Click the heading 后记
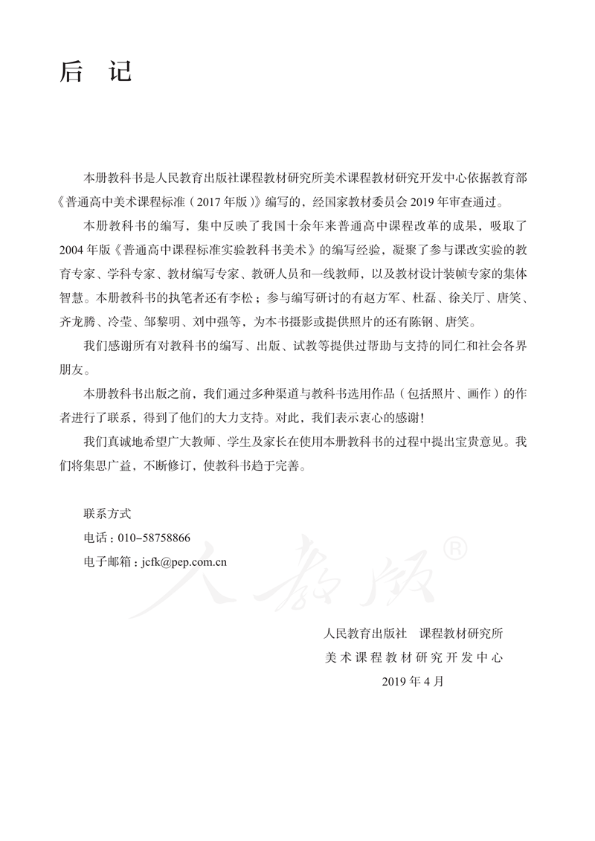click(x=95, y=71)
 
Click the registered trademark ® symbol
click(x=454, y=550)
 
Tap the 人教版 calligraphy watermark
click(x=297, y=576)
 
